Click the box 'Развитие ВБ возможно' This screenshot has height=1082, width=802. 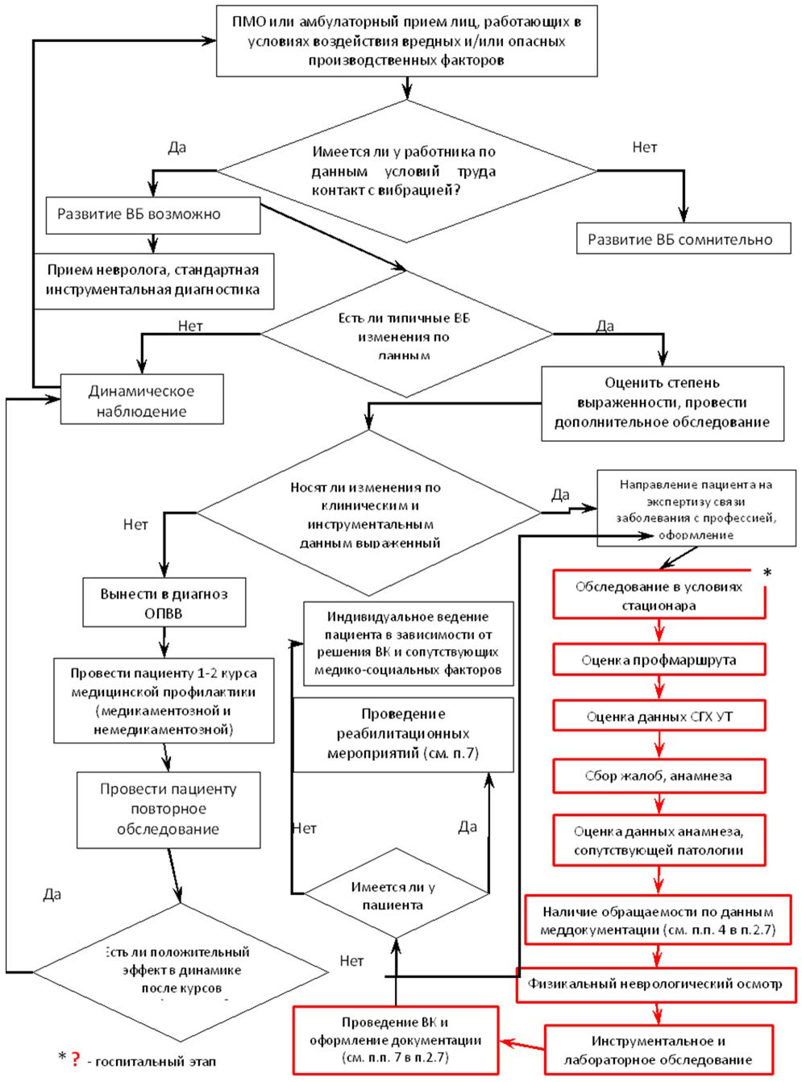pyautogui.click(x=153, y=215)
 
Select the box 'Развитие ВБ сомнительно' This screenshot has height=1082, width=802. pyautogui.click(x=683, y=239)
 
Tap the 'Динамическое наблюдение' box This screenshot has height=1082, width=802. pyautogui.click(x=142, y=401)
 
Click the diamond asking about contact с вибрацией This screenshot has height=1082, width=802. pyautogui.click(x=407, y=171)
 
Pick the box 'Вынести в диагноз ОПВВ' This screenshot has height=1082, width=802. pyautogui.click(x=164, y=603)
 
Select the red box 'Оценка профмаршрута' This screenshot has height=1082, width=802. pyautogui.click(x=659, y=660)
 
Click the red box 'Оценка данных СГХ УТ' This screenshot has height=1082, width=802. pyautogui.click(x=659, y=716)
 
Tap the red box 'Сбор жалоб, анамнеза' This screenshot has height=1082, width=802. pyautogui.click(x=659, y=776)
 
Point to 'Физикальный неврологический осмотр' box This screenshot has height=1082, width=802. pyautogui.click(x=655, y=984)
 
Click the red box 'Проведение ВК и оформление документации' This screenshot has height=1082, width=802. pyautogui.click(x=395, y=1040)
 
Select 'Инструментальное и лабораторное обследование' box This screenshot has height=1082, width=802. pyautogui.click(x=659, y=1050)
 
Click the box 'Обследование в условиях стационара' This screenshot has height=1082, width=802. pyautogui.click(x=659, y=596)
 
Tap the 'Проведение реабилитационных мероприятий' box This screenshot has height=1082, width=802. pyautogui.click(x=403, y=734)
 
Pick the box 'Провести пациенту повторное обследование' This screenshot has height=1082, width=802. pyautogui.click(x=168, y=809)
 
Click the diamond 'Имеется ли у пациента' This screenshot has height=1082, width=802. pyautogui.click(x=395, y=893)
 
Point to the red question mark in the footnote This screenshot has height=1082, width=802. pyautogui.click(x=76, y=1059)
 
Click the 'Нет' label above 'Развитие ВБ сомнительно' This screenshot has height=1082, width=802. pyautogui.click(x=645, y=147)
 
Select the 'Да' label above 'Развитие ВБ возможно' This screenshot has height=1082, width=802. pyautogui.click(x=177, y=147)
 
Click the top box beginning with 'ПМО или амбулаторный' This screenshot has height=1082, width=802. pyautogui.click(x=407, y=41)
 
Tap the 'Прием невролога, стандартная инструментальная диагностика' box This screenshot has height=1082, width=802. pyautogui.click(x=153, y=281)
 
